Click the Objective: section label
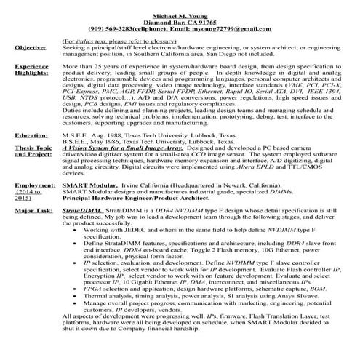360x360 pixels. pos(31,47)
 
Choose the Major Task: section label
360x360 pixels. pos(33,210)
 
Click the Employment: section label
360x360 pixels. pos(35,185)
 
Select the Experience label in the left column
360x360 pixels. pos(33,65)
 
